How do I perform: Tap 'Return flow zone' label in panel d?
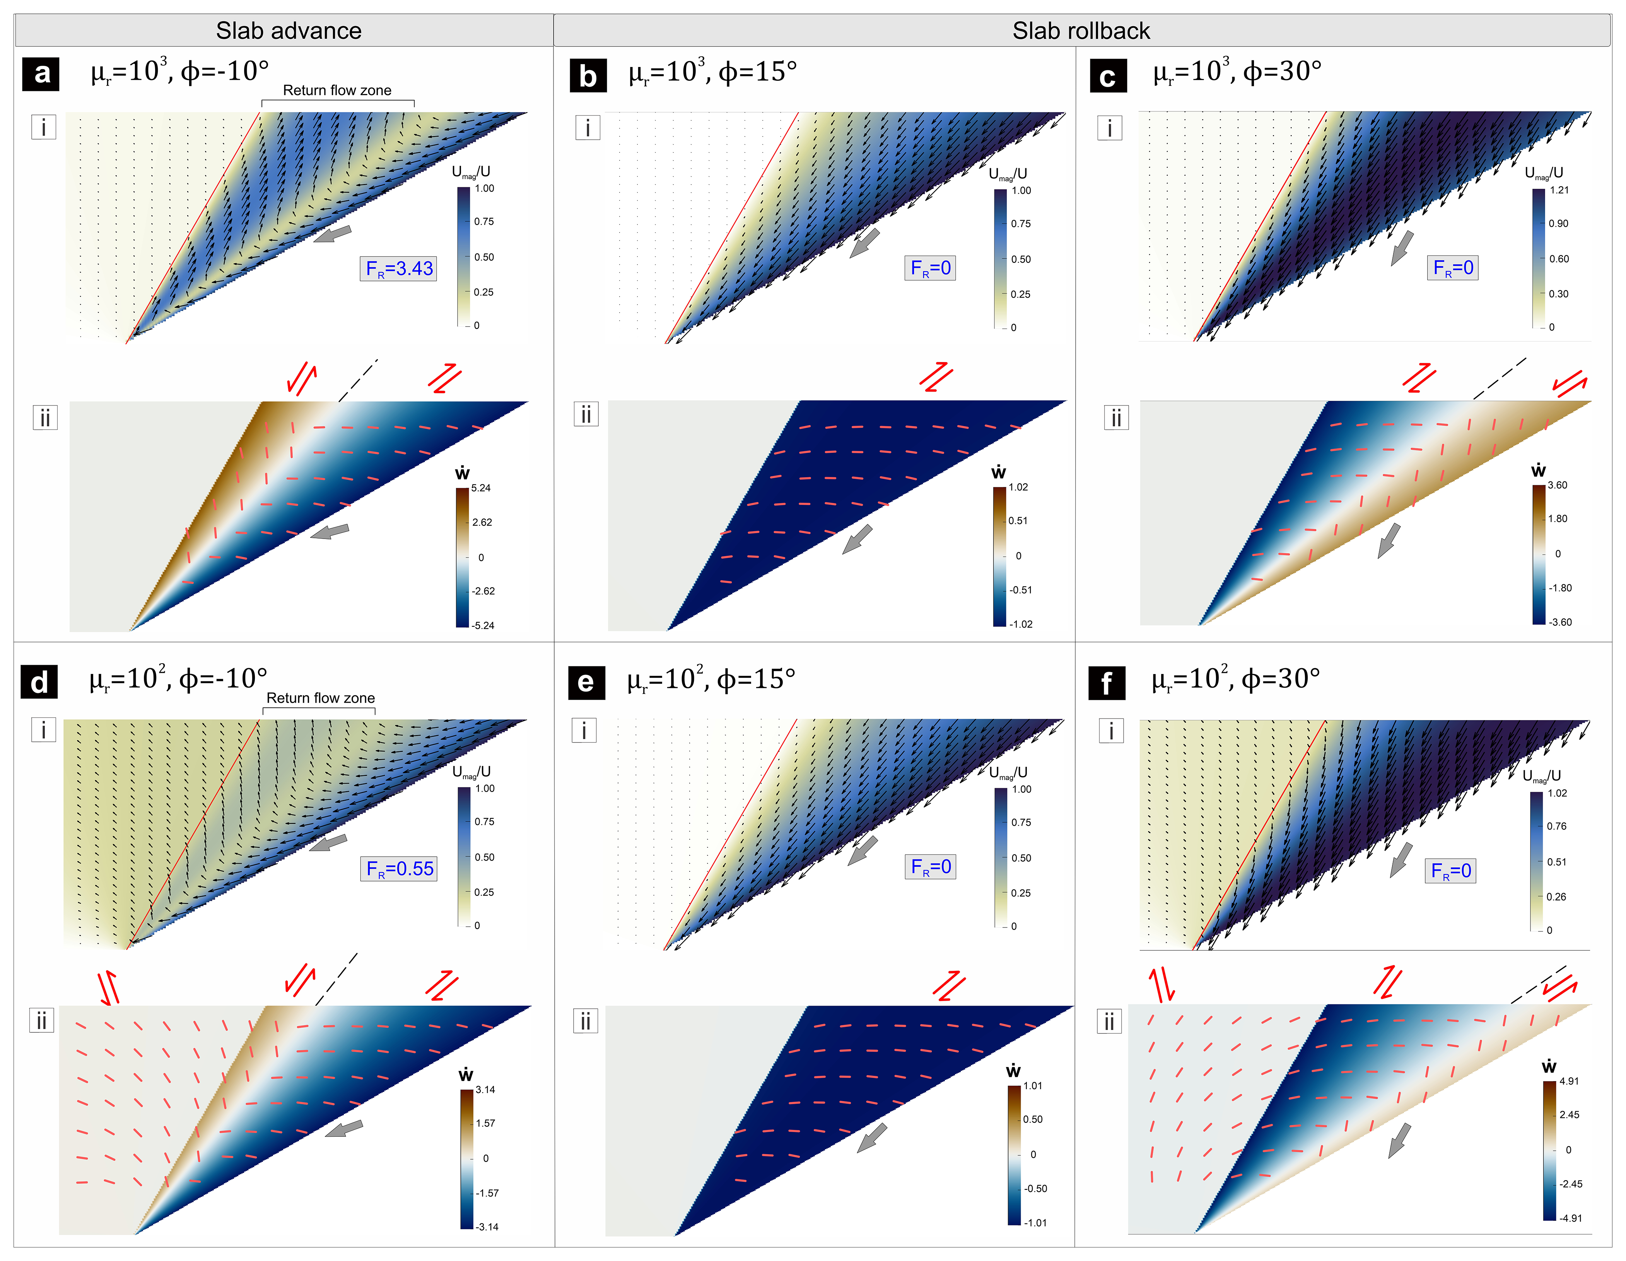pyautogui.click(x=320, y=698)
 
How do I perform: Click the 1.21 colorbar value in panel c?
pyautogui.click(x=1559, y=190)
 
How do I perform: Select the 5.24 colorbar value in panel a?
pyautogui.click(x=481, y=488)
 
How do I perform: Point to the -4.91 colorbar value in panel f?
pyautogui.click(x=1571, y=1218)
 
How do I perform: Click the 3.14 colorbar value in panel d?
pyautogui.click(x=485, y=1090)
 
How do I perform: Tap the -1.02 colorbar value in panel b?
pyautogui.click(x=1021, y=624)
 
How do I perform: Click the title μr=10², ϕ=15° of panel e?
pyautogui.click(x=711, y=679)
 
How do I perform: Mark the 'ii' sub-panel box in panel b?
pyautogui.click(x=586, y=414)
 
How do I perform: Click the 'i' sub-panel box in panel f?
pyautogui.click(x=1111, y=731)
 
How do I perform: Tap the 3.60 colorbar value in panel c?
pyautogui.click(x=1558, y=485)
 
